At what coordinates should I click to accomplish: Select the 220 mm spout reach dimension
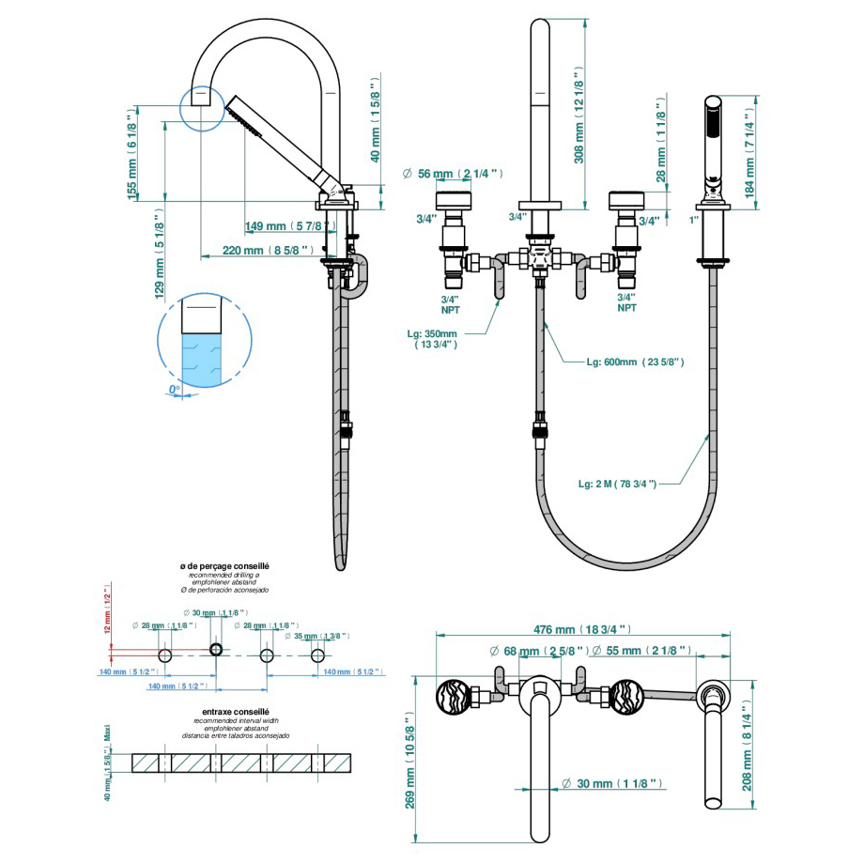coord(255,251)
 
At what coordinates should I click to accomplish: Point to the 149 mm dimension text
coord(290,226)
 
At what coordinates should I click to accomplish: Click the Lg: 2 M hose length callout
coord(616,483)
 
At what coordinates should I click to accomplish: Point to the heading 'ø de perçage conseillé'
coord(224,566)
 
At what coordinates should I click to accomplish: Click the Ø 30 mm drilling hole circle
coord(216,650)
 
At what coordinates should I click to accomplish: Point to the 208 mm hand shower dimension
coord(748,743)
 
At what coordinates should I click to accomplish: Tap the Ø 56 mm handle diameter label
coord(453,174)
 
